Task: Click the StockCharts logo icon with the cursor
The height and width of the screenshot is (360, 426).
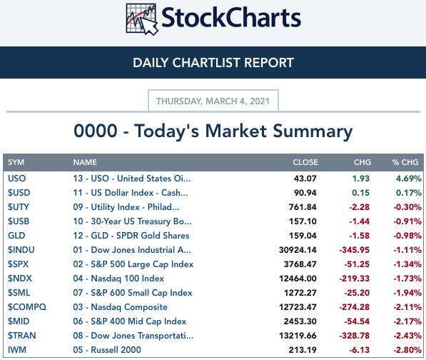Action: tap(142, 19)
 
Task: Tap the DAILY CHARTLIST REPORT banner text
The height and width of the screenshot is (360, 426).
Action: tap(213, 63)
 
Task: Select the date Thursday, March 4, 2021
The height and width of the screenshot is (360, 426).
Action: tap(213, 101)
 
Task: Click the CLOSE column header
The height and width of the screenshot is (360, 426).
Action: tap(305, 162)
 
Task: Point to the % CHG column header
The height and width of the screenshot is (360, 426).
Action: tap(405, 162)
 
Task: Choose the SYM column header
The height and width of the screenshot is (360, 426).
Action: tap(16, 162)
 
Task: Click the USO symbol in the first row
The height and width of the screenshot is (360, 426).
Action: tap(17, 179)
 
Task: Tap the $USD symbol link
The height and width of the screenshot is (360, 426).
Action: tap(19, 193)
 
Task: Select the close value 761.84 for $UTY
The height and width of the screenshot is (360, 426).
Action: tap(303, 207)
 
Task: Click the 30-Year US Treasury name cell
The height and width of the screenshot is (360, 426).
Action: tap(132, 221)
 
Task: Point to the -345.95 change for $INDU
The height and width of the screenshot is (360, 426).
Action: tap(355, 250)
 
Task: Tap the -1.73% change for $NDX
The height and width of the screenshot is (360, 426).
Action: tap(407, 279)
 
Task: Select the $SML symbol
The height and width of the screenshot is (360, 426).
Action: tap(19, 293)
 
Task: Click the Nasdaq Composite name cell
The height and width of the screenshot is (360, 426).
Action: tap(120, 307)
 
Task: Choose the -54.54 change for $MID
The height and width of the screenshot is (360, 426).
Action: tap(357, 321)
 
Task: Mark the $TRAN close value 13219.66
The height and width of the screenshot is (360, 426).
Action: tap(298, 336)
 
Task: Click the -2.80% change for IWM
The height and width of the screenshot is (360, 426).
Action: tap(407, 350)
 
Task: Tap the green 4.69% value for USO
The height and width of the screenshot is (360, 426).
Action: tap(409, 179)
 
